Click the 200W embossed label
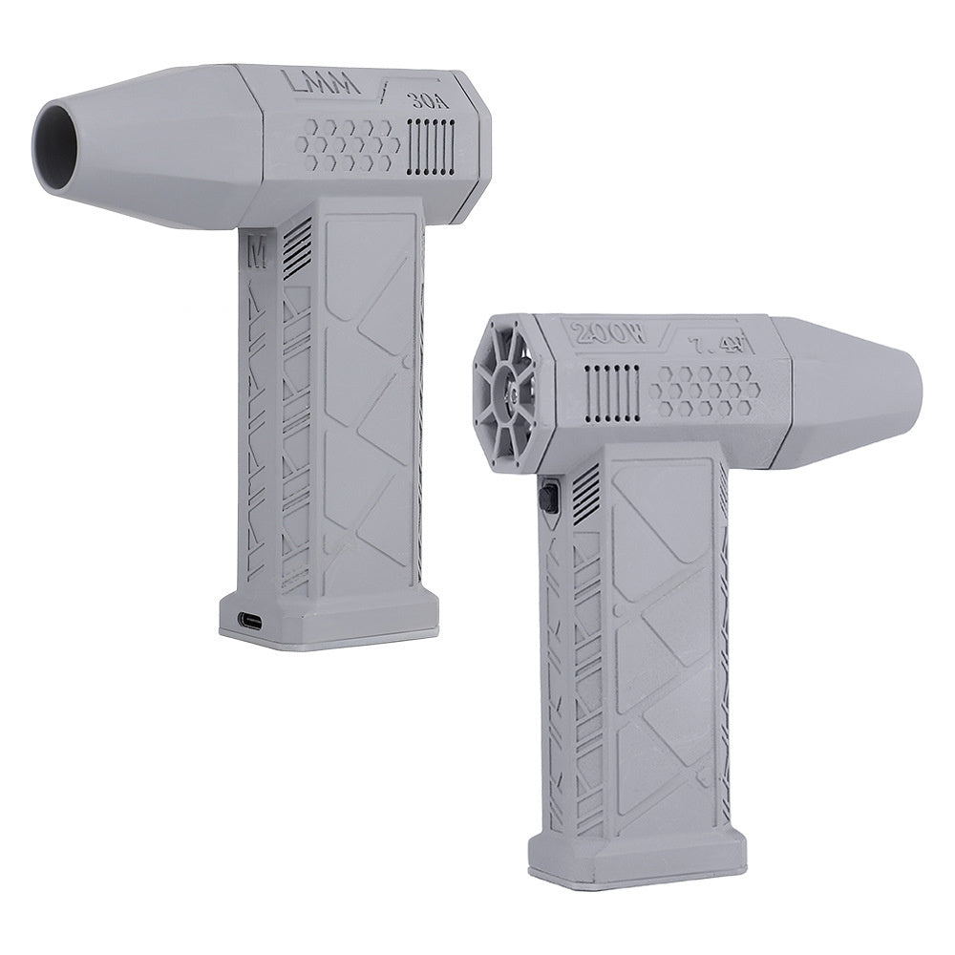click(x=609, y=334)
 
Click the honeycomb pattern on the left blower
click(x=348, y=147)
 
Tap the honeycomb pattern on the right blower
click(x=706, y=391)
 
